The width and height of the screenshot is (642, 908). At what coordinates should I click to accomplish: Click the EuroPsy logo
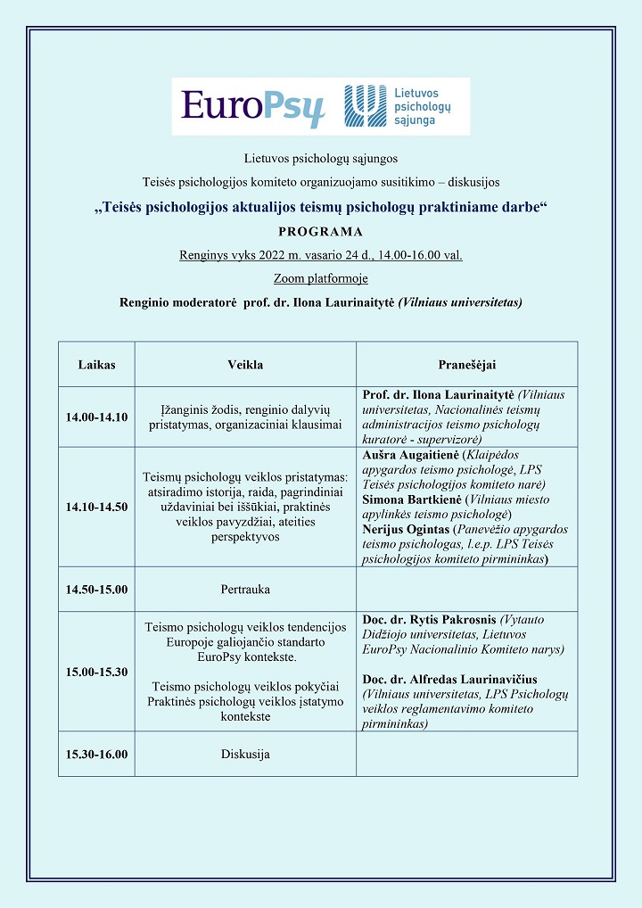[x=252, y=107]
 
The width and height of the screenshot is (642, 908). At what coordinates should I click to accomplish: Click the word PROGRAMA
[x=320, y=232]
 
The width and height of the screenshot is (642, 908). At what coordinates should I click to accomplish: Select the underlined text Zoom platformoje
[x=320, y=278]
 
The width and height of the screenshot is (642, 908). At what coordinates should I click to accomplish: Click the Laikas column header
[x=96, y=365]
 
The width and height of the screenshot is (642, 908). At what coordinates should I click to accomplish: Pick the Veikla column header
[x=245, y=365]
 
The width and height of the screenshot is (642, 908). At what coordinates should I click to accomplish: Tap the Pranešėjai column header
[x=466, y=365]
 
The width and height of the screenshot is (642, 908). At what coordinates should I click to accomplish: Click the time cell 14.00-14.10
[x=96, y=417]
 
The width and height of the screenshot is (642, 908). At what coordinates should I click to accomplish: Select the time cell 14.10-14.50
[x=96, y=507]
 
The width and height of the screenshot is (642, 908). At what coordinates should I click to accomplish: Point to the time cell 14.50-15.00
[x=96, y=590]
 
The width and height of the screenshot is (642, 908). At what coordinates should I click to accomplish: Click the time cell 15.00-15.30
[x=96, y=672]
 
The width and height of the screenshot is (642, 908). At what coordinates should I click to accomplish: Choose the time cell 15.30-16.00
[x=96, y=754]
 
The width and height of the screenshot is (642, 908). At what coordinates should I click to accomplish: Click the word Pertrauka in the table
[x=245, y=590]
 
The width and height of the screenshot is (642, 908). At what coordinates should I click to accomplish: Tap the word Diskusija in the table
[x=245, y=754]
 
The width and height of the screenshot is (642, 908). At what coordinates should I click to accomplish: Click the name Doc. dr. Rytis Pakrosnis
[x=430, y=619]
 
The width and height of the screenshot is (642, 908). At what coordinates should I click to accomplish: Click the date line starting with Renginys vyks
[x=320, y=255]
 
